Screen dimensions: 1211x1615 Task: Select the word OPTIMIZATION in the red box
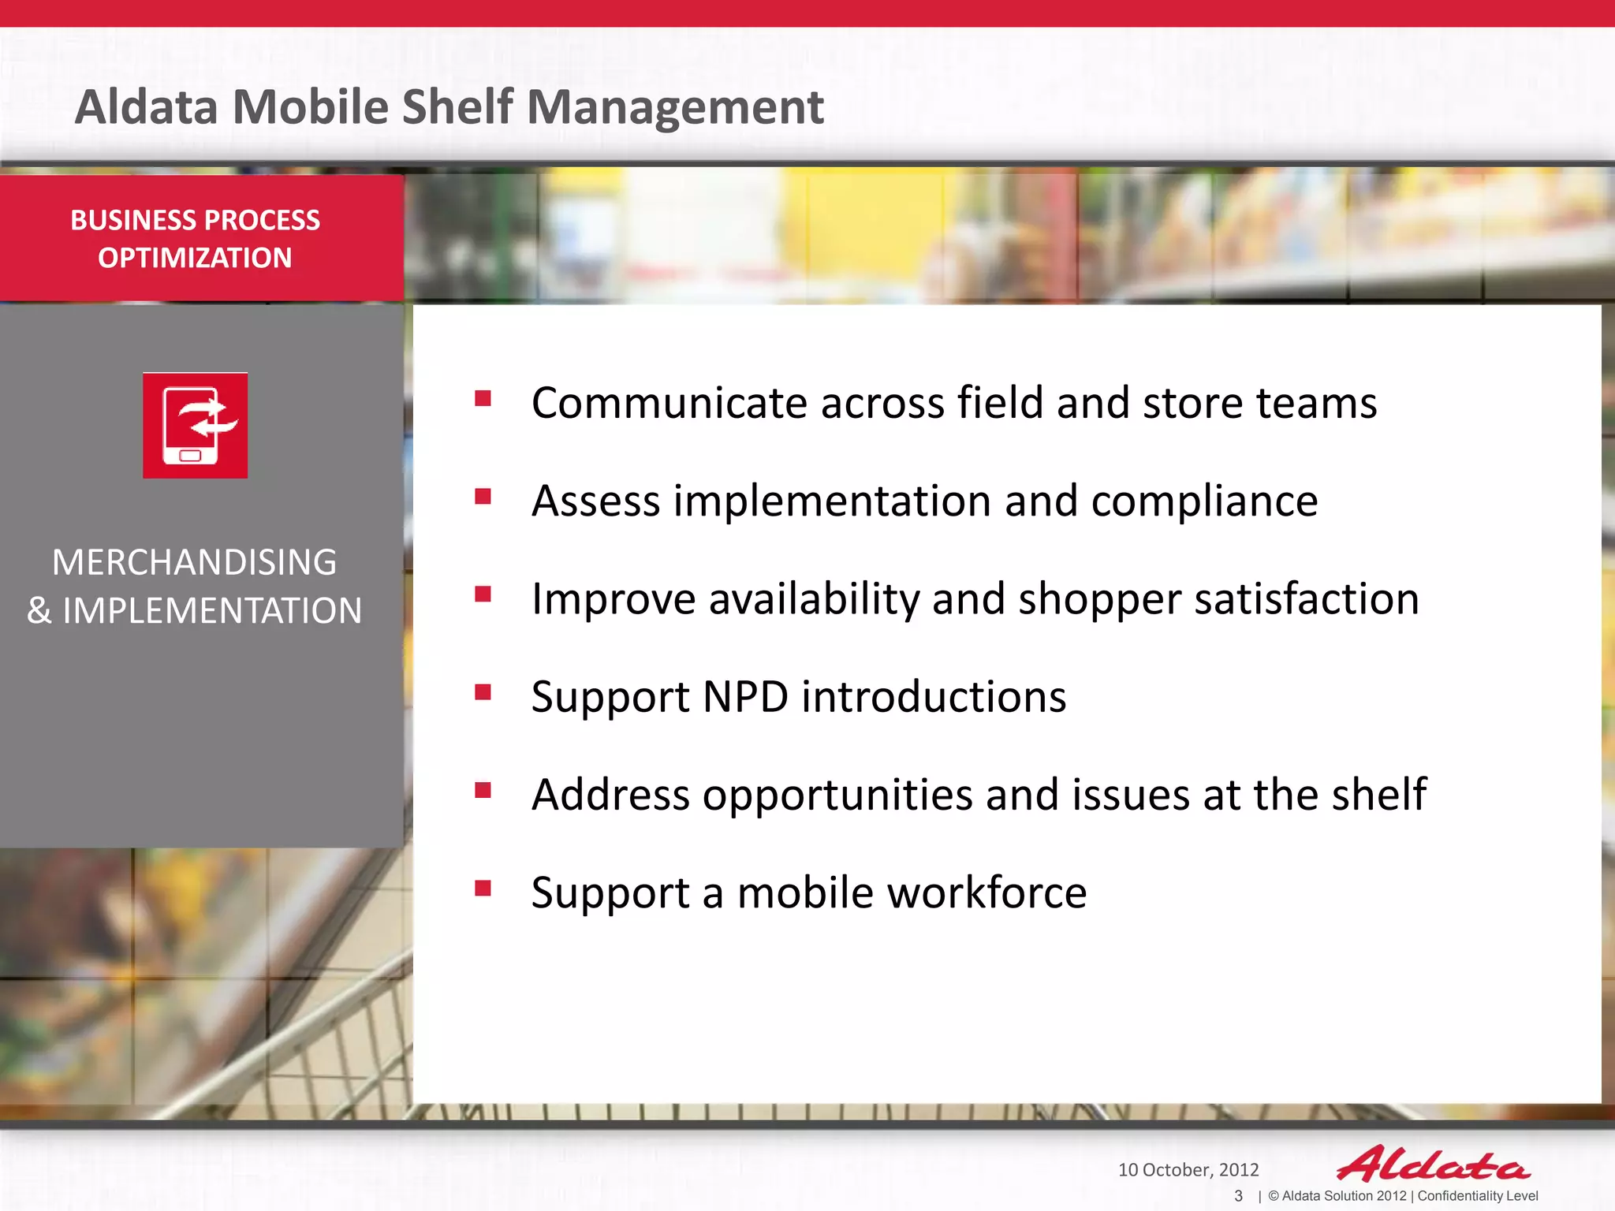tap(195, 258)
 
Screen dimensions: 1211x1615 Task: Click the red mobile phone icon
tap(195, 425)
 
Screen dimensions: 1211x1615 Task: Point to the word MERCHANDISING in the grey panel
tap(194, 562)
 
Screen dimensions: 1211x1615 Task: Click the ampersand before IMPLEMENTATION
tap(39, 611)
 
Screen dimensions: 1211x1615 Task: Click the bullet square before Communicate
tap(483, 398)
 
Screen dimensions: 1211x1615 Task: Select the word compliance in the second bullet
tap(1204, 501)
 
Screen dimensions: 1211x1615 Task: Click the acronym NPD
tap(744, 697)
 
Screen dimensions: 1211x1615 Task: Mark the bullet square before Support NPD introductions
tap(483, 692)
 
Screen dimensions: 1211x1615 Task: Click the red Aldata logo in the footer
tap(1433, 1164)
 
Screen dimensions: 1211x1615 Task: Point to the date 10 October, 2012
tap(1188, 1170)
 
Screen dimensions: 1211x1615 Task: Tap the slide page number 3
tap(1238, 1196)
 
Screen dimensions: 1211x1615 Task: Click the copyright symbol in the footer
tap(1273, 1196)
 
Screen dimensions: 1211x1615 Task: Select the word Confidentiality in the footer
tap(1460, 1196)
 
